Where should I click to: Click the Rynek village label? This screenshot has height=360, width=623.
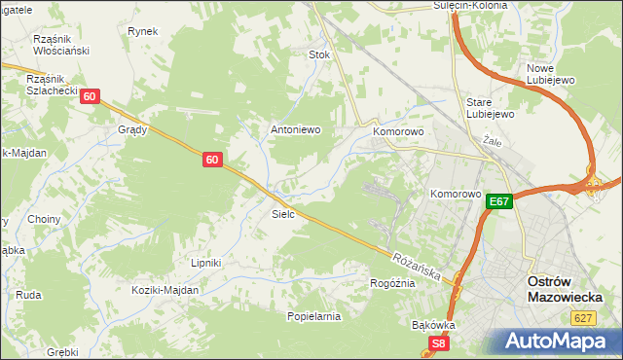[x=142, y=31]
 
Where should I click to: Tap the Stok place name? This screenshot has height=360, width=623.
[x=319, y=55]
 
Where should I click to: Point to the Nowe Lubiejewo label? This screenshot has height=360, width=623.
[x=552, y=75]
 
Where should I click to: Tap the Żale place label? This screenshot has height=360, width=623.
[x=491, y=140]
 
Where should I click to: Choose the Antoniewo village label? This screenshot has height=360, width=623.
[x=295, y=129]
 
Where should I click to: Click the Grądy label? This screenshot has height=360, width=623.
[x=131, y=129]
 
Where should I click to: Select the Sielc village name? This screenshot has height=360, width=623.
[x=283, y=213]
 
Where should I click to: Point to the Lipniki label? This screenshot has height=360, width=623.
[x=206, y=263]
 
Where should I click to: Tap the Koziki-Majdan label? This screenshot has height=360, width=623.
[x=166, y=290]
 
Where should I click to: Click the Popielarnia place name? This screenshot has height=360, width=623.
[x=313, y=316]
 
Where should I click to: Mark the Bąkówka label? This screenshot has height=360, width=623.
[x=434, y=325]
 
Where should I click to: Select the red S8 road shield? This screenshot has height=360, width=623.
[x=440, y=343]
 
